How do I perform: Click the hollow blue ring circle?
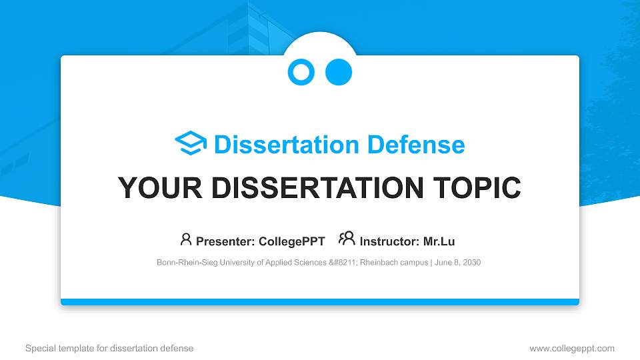(301, 72)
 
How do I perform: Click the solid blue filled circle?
(339, 72)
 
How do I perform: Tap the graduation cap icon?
(191, 144)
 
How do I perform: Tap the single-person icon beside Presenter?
(186, 239)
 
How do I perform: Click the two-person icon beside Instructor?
(347, 239)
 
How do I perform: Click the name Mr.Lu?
(439, 241)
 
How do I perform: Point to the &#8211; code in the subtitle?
(341, 263)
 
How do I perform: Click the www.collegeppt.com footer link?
(572, 348)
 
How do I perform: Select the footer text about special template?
(109, 348)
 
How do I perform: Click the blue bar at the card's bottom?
(320, 302)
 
